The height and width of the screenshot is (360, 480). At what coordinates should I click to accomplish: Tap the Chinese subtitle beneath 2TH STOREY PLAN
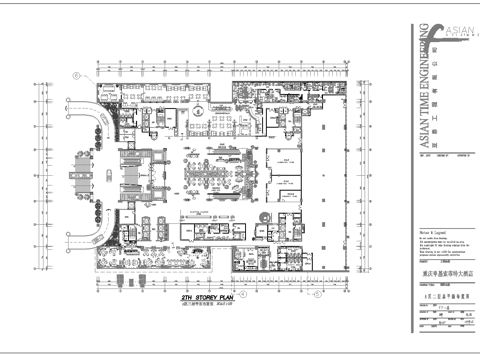(x=206, y=304)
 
